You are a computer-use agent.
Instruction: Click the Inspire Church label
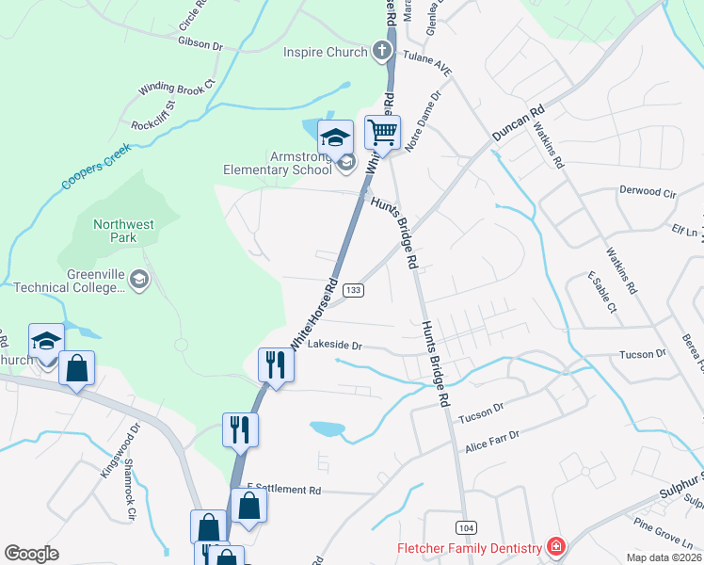coord(327,51)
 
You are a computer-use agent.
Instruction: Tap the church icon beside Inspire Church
coord(382,51)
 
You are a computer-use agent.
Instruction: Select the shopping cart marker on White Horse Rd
coord(383,133)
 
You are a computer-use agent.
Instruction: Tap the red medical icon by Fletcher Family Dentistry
coord(556,547)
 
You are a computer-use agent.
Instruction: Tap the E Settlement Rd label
coord(283,491)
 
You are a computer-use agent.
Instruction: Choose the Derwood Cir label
coord(648,191)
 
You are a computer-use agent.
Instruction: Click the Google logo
coord(31,554)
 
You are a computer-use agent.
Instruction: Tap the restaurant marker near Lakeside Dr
coord(275,364)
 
